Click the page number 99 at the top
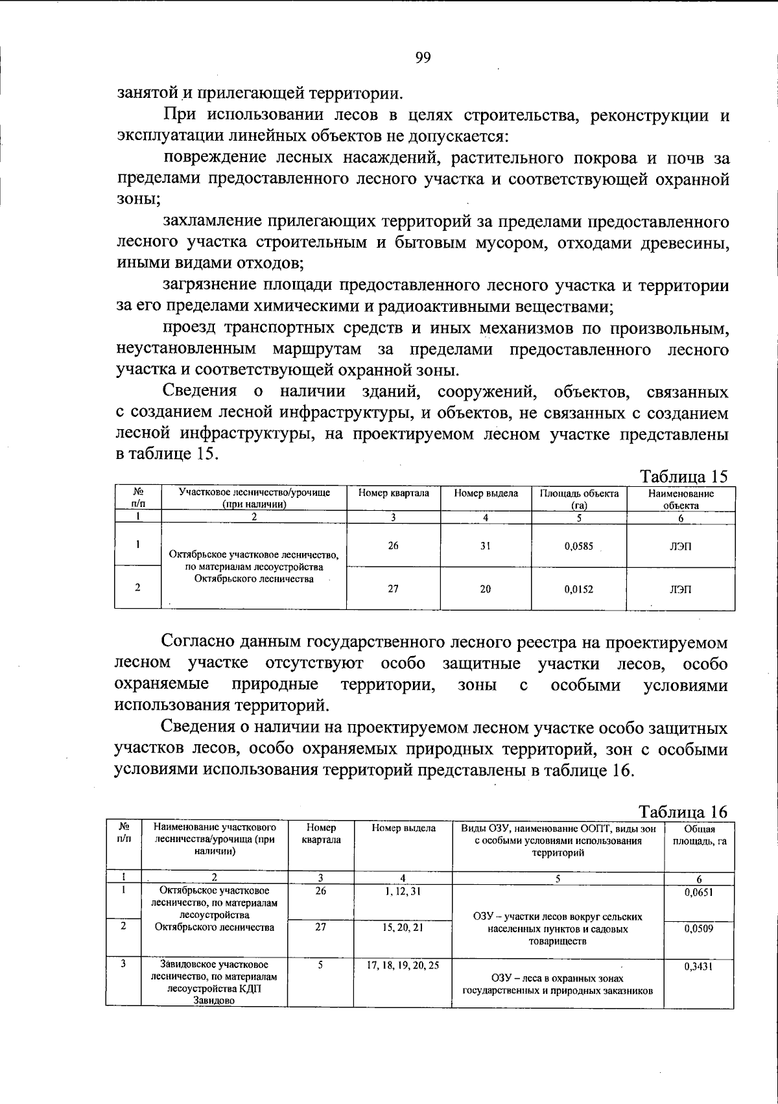pyautogui.click(x=423, y=58)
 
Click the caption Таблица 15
pyautogui.click(x=684, y=476)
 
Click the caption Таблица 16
pyautogui.click(x=683, y=812)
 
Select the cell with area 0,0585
pyautogui.click(x=578, y=546)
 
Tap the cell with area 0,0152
pyautogui.click(x=578, y=589)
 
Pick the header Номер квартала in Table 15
pyautogui.click(x=394, y=493)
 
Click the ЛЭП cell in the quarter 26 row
pyautogui.click(x=680, y=546)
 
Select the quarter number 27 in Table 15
pyautogui.click(x=393, y=589)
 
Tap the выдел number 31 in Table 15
pyautogui.click(x=486, y=546)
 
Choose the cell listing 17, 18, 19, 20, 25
pyautogui.click(x=403, y=965)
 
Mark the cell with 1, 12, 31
pyautogui.click(x=403, y=891)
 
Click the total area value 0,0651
pyautogui.click(x=698, y=892)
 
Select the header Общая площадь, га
pyautogui.click(x=699, y=835)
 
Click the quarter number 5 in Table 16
pyautogui.click(x=320, y=965)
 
